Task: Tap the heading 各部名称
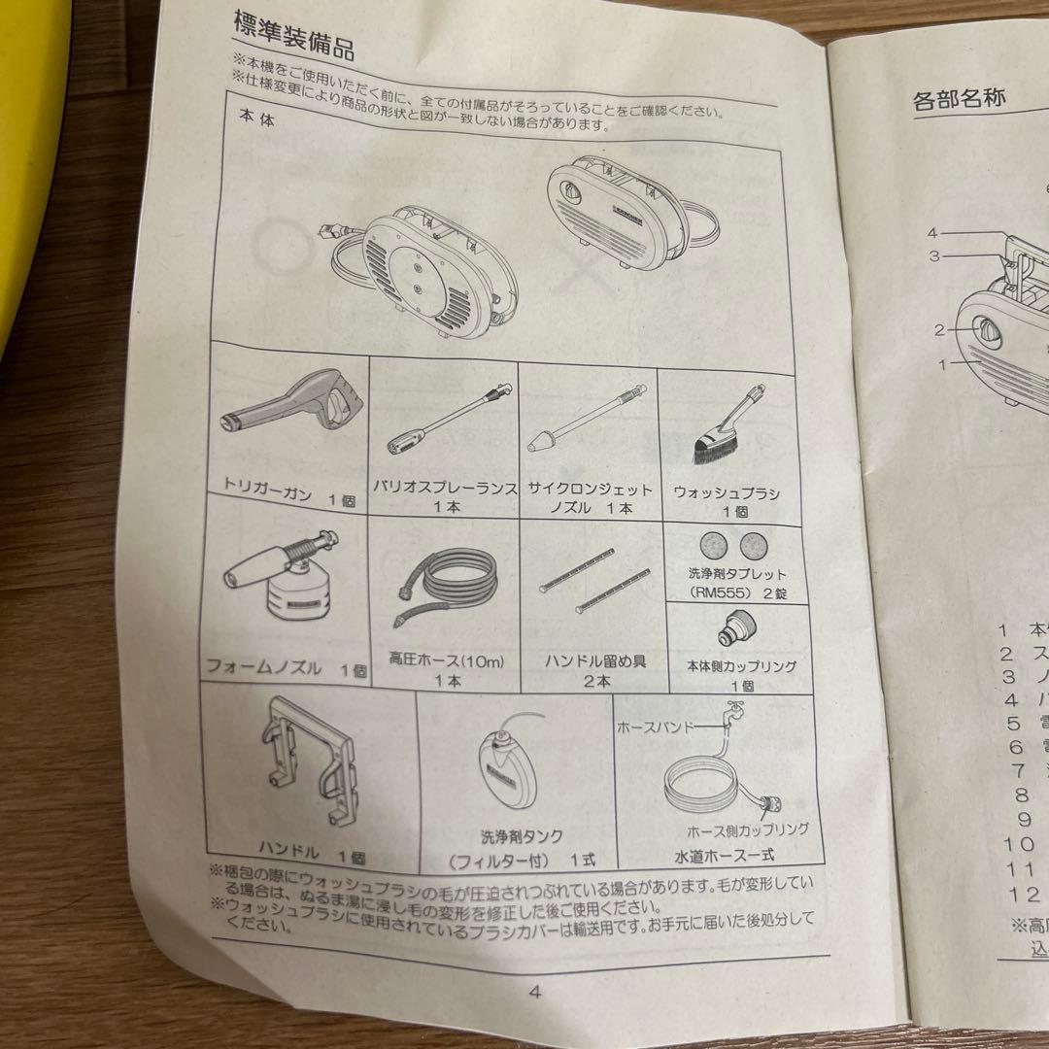click(x=960, y=98)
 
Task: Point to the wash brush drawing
click(x=725, y=427)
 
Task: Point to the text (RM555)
click(x=721, y=591)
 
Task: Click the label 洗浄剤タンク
click(x=522, y=836)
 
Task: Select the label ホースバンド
click(x=656, y=726)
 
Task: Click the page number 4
click(x=533, y=992)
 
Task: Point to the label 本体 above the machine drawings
click(x=256, y=114)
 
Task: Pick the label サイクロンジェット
click(x=591, y=491)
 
